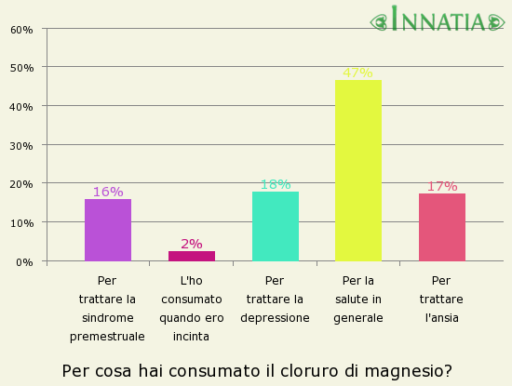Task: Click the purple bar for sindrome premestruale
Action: tap(108, 230)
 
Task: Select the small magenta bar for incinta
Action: tap(192, 256)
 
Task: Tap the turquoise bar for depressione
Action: tap(275, 226)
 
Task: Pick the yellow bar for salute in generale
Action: tap(357, 170)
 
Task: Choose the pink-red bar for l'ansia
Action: tap(441, 227)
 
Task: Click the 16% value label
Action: tap(108, 192)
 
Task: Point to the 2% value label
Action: tap(192, 244)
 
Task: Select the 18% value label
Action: tap(275, 184)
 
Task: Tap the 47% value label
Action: tap(357, 73)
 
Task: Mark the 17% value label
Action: tap(441, 186)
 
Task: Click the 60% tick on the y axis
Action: tap(21, 29)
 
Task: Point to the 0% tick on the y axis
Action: tap(25, 261)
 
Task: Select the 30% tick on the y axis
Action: tap(21, 145)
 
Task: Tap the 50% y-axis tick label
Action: tap(21, 68)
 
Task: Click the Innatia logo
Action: tap(441, 20)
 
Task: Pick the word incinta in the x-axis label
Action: tap(191, 336)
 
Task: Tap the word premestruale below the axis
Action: tap(107, 336)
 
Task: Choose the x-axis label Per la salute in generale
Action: tap(358, 299)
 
